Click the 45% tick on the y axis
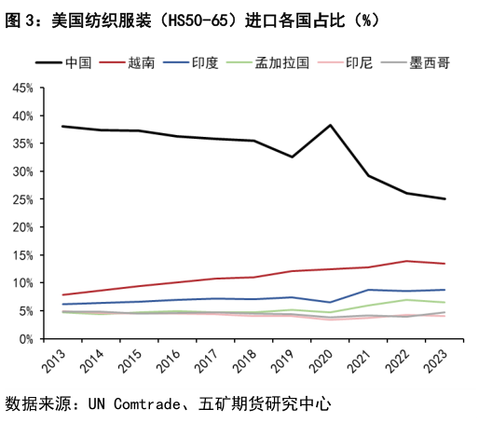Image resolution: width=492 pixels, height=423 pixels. tap(22, 88)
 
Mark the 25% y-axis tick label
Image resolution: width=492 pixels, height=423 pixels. tap(22, 199)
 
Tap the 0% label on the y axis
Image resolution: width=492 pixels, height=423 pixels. tap(26, 338)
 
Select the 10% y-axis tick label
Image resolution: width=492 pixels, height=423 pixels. tap(22, 282)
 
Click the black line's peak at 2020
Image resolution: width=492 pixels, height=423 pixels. tap(331, 125)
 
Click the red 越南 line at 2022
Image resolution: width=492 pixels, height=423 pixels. tap(406, 261)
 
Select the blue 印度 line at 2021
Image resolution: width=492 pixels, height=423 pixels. tap(369, 290)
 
